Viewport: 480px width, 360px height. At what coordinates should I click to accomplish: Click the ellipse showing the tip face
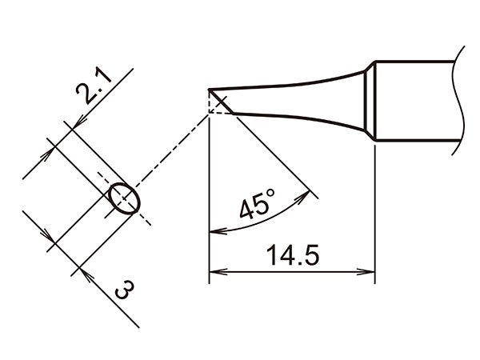click(124, 199)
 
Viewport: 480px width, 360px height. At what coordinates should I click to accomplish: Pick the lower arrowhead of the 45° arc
click(213, 232)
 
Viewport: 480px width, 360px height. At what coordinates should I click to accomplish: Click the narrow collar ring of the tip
click(370, 105)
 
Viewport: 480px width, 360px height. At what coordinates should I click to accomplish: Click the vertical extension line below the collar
click(375, 216)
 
